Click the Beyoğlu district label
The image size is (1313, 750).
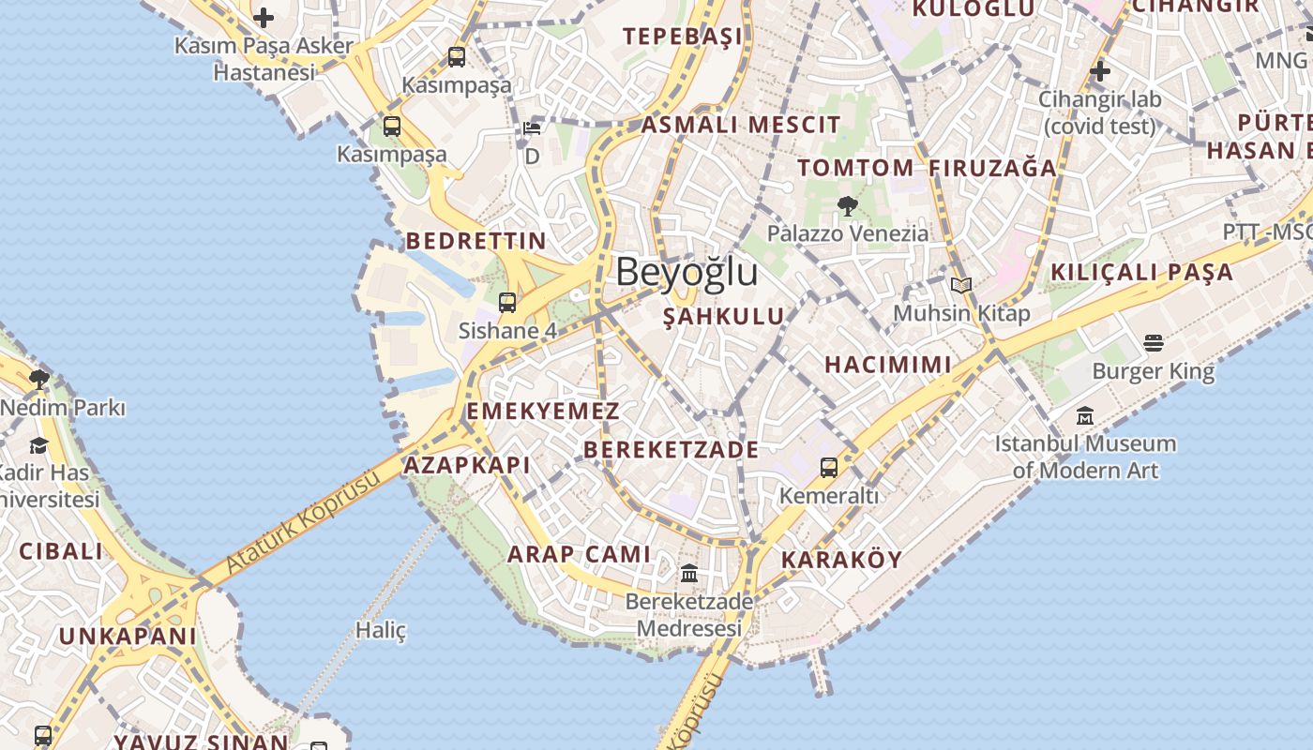pyautogui.click(x=687, y=272)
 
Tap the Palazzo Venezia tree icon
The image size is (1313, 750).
pyautogui.click(x=847, y=206)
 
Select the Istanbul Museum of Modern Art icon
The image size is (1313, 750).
pyautogui.click(x=1085, y=415)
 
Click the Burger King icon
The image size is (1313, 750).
pyautogui.click(x=1153, y=343)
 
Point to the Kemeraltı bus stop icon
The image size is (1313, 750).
pyautogui.click(x=828, y=467)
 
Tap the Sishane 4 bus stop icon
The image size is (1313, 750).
pyautogui.click(x=507, y=302)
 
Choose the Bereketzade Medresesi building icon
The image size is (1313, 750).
pyautogui.click(x=689, y=573)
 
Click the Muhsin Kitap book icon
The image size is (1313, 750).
pyautogui.click(x=960, y=285)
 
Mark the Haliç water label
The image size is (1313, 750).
pyautogui.click(x=381, y=630)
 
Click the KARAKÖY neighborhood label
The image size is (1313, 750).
pyautogui.click(x=841, y=560)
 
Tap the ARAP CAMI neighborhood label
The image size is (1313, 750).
pyautogui.click(x=579, y=554)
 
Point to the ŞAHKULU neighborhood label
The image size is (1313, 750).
pyautogui.click(x=723, y=317)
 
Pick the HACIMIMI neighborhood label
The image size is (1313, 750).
pyautogui.click(x=887, y=365)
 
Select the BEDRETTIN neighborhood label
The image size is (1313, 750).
pyautogui.click(x=475, y=241)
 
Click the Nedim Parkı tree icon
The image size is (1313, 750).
pyautogui.click(x=39, y=380)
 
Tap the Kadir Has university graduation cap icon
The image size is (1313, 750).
pyautogui.click(x=39, y=444)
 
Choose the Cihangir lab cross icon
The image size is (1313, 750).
pyautogui.click(x=1099, y=70)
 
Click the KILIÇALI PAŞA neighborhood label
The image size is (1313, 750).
pyautogui.click(x=1141, y=273)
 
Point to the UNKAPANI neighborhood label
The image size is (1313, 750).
pyautogui.click(x=128, y=637)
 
